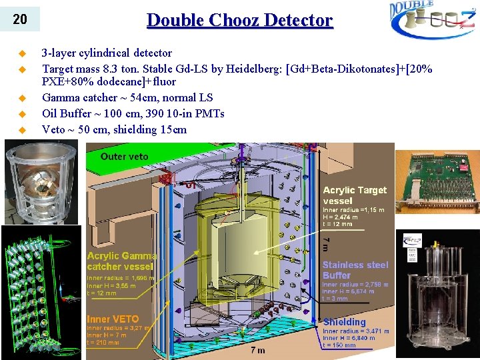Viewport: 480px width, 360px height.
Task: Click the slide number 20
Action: tap(20, 19)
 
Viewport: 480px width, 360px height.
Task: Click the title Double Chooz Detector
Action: tap(239, 20)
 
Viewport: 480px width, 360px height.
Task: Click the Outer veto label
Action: tap(125, 156)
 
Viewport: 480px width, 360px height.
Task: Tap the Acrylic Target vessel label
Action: tap(354, 195)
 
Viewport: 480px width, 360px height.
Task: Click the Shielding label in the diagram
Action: tap(344, 321)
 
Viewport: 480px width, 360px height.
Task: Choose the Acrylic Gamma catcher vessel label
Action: tap(122, 261)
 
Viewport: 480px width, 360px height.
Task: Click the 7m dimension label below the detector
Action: tap(257, 349)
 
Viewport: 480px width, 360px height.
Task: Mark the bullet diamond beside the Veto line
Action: tap(22, 129)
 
